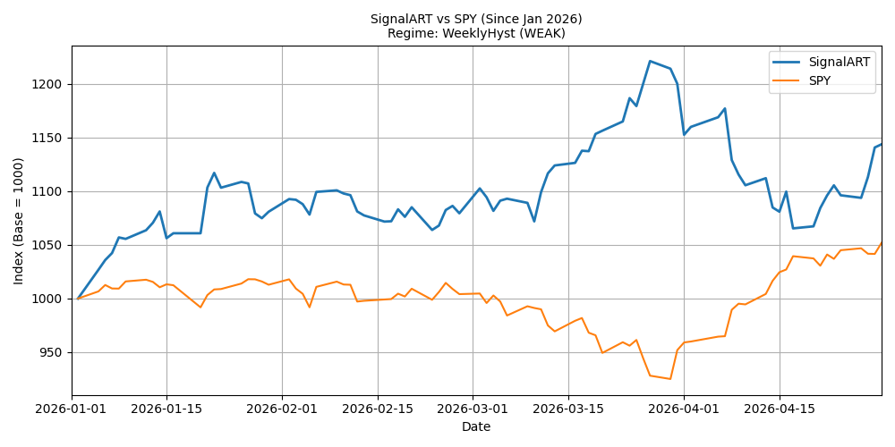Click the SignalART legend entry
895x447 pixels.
point(821,63)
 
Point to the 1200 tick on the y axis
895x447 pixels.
point(54,84)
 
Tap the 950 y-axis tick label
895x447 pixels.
point(57,353)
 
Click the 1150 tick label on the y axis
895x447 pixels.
point(54,138)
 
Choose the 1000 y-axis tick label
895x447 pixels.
point(54,299)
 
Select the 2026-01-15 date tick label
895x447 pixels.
point(166,409)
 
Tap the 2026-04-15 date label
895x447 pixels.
point(780,409)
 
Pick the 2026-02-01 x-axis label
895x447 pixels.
point(282,409)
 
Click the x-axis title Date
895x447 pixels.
point(476,426)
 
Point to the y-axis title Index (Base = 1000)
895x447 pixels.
point(19,221)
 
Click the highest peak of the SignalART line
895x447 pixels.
point(650,61)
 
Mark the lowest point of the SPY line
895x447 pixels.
point(670,379)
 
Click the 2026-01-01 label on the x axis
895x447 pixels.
point(72,409)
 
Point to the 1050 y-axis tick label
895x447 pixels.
point(54,246)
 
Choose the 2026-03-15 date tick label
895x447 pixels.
point(568,409)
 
